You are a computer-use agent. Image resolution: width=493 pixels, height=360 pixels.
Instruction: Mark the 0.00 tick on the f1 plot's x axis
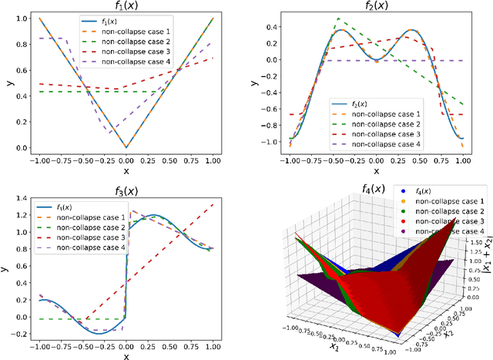(126, 160)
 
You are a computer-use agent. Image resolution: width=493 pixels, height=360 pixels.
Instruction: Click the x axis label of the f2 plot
(376, 170)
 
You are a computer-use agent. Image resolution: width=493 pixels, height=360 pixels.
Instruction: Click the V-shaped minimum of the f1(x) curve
(126, 146)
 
